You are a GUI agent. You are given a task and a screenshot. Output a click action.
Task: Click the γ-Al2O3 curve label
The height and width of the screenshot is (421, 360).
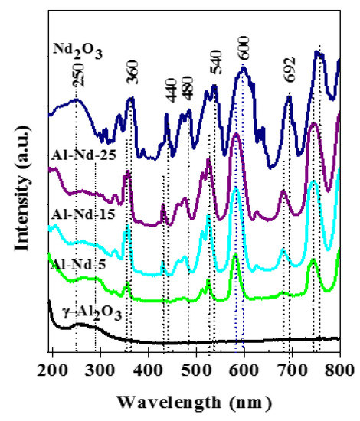[x=93, y=312]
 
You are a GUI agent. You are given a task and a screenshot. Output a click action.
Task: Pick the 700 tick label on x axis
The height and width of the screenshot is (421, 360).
[x=292, y=373]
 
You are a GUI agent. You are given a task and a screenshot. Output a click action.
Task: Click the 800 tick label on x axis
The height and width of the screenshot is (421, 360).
[x=338, y=373]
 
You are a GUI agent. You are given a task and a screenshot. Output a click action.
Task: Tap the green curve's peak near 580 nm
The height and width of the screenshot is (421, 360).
[x=235, y=256]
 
